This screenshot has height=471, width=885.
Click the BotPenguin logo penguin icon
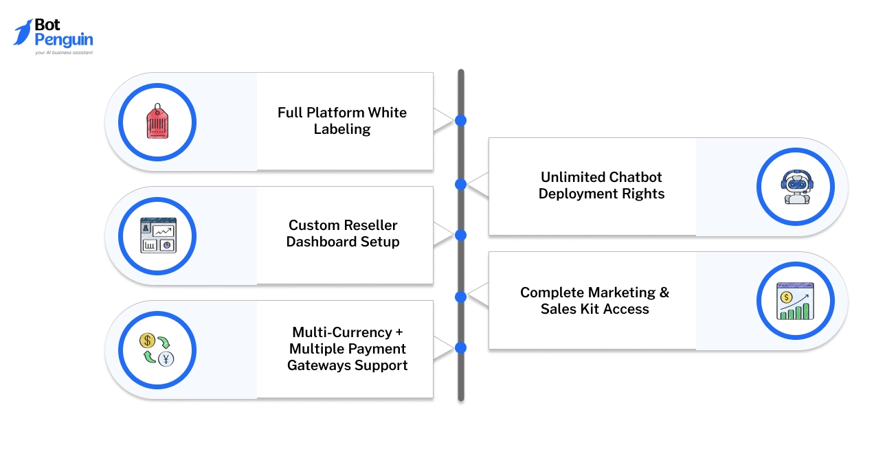23,32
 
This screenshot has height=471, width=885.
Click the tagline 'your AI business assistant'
63,52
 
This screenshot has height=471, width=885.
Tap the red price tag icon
157,122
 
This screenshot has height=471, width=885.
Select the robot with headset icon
795,187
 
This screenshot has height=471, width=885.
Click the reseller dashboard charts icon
158,235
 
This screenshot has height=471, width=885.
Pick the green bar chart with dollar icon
795,301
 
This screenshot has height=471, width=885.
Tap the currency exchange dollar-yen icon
157,349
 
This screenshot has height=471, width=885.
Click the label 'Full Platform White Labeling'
342,121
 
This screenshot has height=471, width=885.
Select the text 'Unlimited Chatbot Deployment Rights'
601,185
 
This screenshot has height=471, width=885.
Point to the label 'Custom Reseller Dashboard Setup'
342,233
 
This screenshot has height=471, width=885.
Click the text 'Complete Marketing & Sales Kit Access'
594,301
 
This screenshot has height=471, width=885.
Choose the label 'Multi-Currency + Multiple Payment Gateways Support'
347,349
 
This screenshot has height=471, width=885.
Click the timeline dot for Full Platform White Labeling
461,121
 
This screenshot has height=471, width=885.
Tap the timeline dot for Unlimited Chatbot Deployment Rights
461,184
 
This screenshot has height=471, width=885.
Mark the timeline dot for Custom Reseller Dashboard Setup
461,235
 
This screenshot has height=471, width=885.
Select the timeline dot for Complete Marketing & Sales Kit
461,297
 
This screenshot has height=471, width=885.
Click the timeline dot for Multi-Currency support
461,347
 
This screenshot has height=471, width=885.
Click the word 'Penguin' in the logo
63,40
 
